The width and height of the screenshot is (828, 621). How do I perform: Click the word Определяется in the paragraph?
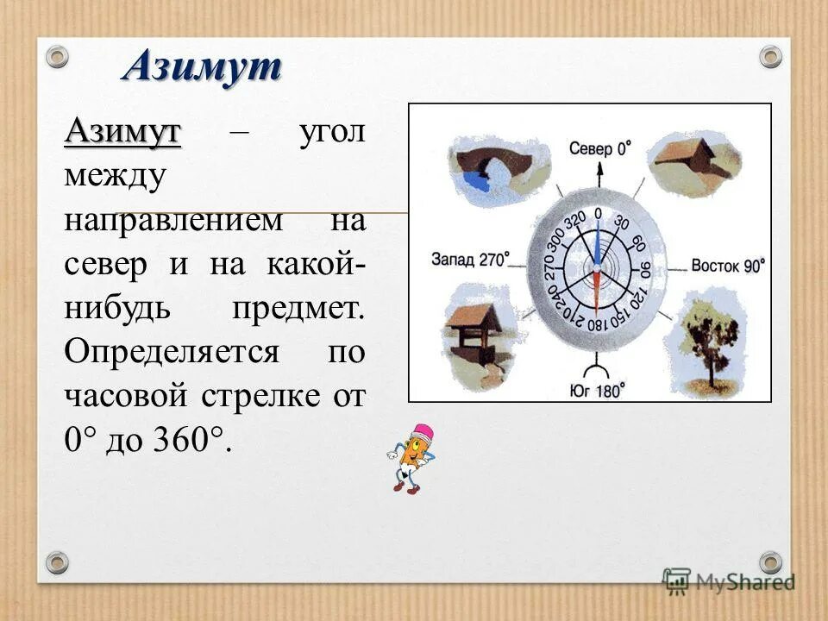pyautogui.click(x=171, y=352)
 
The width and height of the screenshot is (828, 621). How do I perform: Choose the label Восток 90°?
pyautogui.click(x=727, y=265)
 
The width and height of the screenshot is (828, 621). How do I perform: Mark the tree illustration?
pyautogui.click(x=708, y=341)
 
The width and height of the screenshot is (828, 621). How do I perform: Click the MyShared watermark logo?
pyautogui.click(x=729, y=580)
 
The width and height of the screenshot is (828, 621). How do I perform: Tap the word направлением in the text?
pyautogui.click(x=172, y=220)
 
